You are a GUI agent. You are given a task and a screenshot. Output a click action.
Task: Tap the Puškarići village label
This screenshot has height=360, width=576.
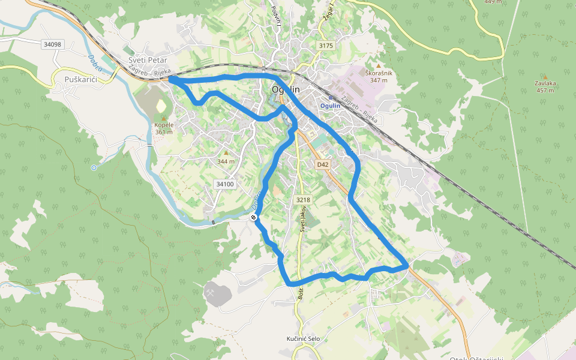click(x=80, y=79)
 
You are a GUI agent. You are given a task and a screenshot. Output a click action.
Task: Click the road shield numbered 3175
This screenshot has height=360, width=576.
click(x=326, y=46)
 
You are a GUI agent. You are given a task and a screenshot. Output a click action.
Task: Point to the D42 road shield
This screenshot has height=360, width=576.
click(x=323, y=164)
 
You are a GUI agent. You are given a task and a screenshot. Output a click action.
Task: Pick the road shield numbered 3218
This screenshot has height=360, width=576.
click(x=303, y=200)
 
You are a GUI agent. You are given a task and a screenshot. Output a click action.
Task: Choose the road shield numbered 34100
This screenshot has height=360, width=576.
click(x=225, y=184)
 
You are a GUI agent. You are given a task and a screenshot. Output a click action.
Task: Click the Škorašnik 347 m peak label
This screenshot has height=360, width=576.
click(x=379, y=76)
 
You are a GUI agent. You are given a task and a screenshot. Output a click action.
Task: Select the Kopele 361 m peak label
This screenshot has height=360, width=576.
click(x=163, y=128)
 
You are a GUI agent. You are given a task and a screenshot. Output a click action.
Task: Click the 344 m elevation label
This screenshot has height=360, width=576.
click(x=226, y=161)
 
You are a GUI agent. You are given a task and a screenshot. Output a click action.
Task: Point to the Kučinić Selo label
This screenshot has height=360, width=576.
click(x=304, y=339)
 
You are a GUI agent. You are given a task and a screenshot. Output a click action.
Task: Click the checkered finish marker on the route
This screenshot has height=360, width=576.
click(x=254, y=217)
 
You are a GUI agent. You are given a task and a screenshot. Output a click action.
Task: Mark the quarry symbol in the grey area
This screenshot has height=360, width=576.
click(x=212, y=293)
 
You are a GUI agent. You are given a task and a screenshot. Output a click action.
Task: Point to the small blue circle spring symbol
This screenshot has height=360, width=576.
click(x=94, y=168)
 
